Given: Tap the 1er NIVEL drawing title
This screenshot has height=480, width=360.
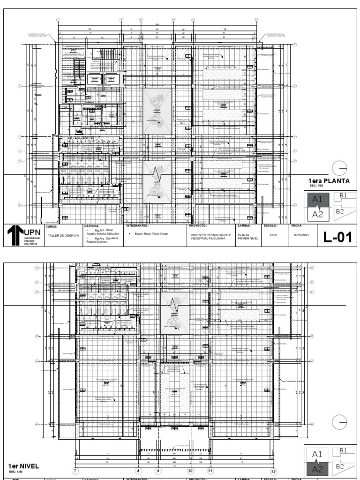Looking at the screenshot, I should tap(23, 466).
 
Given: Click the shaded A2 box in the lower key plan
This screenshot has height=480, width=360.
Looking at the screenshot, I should tap(317, 469).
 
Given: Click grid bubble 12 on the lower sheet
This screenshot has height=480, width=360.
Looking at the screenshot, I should tap(273, 472).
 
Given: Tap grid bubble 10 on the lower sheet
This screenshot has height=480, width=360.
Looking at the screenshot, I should tap(190, 471).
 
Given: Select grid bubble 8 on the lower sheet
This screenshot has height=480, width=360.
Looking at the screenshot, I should tap(138, 471).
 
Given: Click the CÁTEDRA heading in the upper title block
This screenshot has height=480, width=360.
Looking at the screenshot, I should tap(91, 225).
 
